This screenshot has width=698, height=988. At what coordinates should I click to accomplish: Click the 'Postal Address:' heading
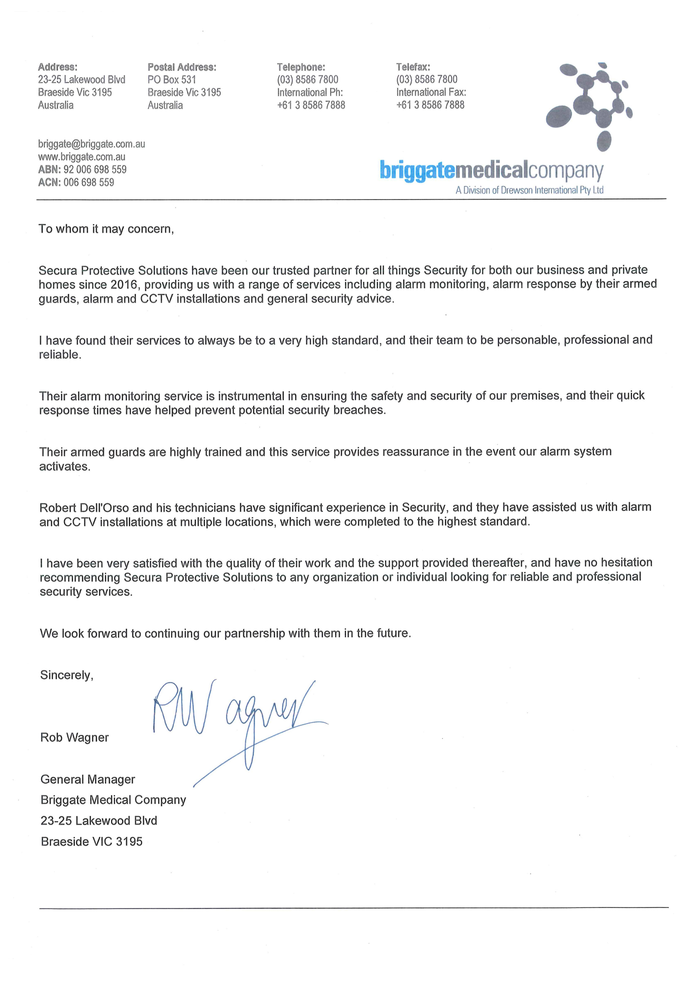point(182,67)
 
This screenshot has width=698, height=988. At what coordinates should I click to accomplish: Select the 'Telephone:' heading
point(301,67)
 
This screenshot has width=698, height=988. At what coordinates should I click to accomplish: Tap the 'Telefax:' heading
point(413,67)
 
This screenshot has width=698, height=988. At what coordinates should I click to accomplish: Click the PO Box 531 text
point(172,80)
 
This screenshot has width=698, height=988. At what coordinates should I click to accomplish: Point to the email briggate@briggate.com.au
point(91,144)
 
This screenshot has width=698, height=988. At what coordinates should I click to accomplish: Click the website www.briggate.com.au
point(81,157)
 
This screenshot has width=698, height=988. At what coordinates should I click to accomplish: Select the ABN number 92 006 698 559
point(95,170)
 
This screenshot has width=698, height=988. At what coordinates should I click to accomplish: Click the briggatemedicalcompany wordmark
point(492,171)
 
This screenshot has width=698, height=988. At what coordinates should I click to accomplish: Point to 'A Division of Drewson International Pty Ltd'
point(529,191)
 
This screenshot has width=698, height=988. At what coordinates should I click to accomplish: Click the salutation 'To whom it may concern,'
point(106,229)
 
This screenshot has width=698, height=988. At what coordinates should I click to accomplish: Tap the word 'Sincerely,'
point(67,675)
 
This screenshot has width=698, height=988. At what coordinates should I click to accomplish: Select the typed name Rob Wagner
point(75,738)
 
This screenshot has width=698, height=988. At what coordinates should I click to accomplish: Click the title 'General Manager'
point(88,780)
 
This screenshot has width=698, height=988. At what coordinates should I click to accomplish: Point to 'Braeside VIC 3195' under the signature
point(92,842)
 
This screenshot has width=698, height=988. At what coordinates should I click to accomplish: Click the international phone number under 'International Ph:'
point(311,105)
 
